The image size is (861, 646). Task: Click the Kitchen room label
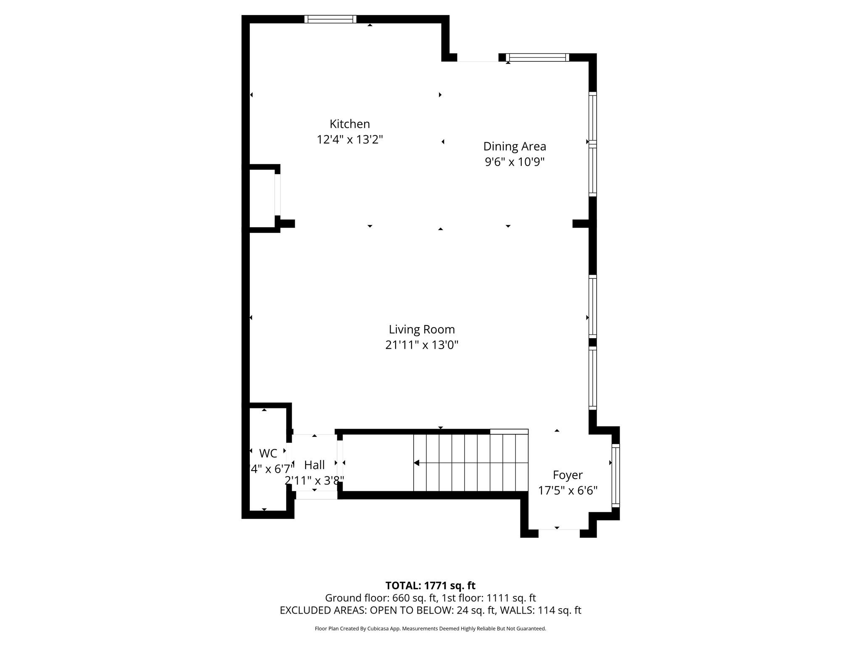349,124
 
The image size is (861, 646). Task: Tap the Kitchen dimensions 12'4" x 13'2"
349,140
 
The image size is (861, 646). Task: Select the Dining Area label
514,146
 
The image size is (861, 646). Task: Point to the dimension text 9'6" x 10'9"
514,162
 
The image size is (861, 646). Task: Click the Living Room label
421,329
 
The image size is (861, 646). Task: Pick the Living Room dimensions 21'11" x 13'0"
421,345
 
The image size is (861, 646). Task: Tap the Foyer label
567,475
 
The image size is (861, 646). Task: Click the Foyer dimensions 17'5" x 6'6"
568,490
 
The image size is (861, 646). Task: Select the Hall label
314,465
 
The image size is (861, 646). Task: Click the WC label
268,453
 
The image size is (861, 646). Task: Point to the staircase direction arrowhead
416,463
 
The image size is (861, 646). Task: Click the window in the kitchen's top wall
330,19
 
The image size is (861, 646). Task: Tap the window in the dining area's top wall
537,58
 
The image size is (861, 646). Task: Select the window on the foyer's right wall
615,475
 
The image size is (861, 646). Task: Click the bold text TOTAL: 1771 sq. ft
430,585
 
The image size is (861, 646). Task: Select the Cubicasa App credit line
430,629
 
